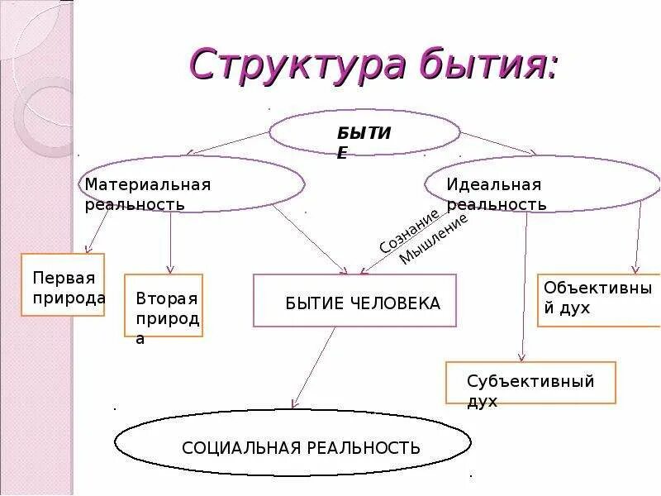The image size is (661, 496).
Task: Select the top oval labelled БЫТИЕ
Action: coord(364,132)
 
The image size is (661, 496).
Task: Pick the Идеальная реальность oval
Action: coord(541,184)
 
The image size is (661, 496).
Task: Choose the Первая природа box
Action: coord(63,285)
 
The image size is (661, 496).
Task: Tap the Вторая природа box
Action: coord(164,306)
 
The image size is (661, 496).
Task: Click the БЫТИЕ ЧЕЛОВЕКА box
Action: coord(354,301)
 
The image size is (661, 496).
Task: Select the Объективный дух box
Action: coord(598,300)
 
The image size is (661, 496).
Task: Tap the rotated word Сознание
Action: coord(408,231)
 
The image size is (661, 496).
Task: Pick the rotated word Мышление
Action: coord(433,239)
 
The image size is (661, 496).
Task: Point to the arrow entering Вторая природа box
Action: coord(170,243)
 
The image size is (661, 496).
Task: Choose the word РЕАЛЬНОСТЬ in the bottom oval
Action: coord(364,448)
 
